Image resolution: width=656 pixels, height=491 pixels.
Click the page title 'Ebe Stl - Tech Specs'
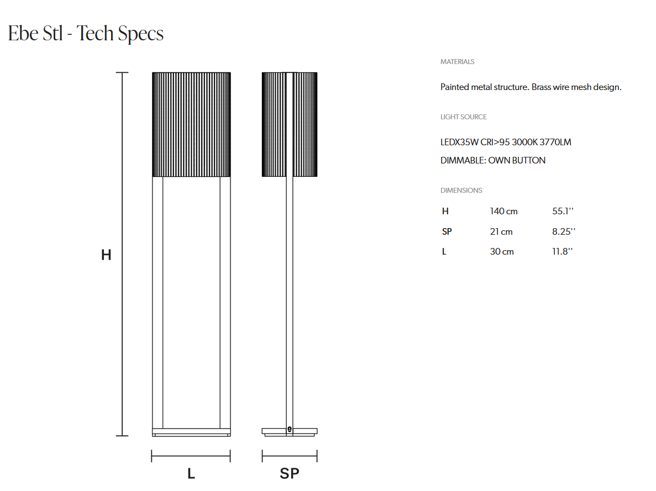(86, 34)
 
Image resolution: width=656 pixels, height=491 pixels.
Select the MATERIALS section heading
(457, 61)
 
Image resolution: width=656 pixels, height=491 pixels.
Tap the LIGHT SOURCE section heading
(464, 117)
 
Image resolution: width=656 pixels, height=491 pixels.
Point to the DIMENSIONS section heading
(461, 191)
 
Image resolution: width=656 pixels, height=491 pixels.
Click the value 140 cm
(503, 211)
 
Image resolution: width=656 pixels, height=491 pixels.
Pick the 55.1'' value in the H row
(563, 211)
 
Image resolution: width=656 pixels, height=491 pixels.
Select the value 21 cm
(501, 232)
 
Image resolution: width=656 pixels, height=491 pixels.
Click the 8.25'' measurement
(564, 232)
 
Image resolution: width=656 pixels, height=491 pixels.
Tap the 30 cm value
(502, 252)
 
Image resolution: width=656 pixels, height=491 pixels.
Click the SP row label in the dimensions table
(447, 232)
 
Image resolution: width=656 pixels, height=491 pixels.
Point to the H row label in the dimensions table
(445, 211)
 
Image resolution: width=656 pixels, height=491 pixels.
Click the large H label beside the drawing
(106, 255)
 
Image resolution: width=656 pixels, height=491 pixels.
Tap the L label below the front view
(191, 473)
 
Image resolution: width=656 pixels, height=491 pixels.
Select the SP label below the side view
(290, 473)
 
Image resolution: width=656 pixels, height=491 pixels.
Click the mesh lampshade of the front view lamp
(191, 125)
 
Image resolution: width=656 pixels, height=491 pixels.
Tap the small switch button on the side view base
(290, 429)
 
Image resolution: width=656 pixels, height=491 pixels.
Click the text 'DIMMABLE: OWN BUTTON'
(493, 161)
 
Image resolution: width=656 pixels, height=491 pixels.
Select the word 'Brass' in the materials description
(541, 87)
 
